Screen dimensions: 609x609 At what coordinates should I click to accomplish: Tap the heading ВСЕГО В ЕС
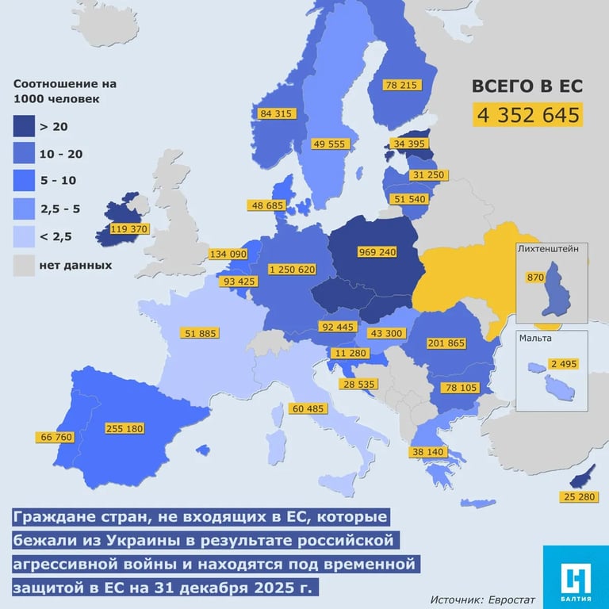click(x=527, y=86)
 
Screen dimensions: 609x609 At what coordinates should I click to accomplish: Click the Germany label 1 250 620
click(x=293, y=270)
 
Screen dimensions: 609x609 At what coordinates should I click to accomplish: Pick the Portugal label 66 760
click(x=55, y=437)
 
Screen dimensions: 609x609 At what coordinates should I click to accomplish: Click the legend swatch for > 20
click(x=27, y=126)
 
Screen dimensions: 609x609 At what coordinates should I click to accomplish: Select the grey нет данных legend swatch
click(x=27, y=266)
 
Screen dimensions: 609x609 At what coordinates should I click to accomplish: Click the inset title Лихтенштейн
click(x=553, y=248)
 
